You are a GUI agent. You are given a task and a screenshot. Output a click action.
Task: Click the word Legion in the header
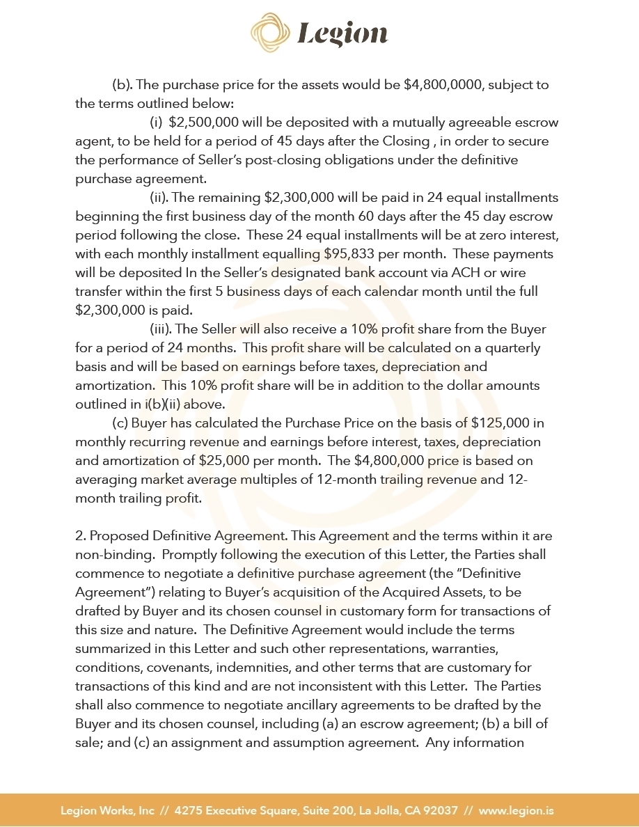(342, 33)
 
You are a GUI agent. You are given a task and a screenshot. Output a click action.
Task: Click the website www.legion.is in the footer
(516, 810)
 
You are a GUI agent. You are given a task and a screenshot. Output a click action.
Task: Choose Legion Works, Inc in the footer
(108, 810)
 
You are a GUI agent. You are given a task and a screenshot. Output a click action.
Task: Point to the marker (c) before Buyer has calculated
(120, 423)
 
